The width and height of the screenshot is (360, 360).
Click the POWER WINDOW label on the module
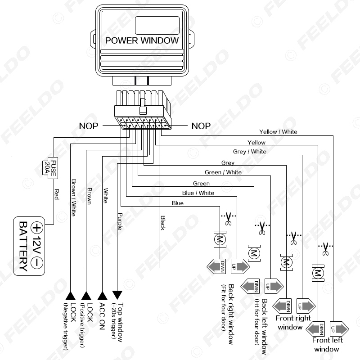click(x=142, y=40)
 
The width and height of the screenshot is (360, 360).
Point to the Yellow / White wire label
click(x=278, y=132)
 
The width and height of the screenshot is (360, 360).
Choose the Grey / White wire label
click(x=250, y=152)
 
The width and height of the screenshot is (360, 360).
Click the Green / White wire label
click(x=223, y=172)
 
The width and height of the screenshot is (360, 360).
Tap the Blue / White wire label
click(x=198, y=193)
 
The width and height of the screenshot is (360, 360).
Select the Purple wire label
click(x=120, y=221)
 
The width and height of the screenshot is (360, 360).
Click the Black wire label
click(x=163, y=222)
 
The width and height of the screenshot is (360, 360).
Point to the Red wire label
click(x=57, y=194)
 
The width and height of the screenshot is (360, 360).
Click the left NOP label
click(x=88, y=126)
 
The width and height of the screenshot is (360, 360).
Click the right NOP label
click(x=201, y=126)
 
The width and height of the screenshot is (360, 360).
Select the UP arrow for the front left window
click(x=338, y=328)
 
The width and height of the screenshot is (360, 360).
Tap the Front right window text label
click(x=293, y=323)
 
